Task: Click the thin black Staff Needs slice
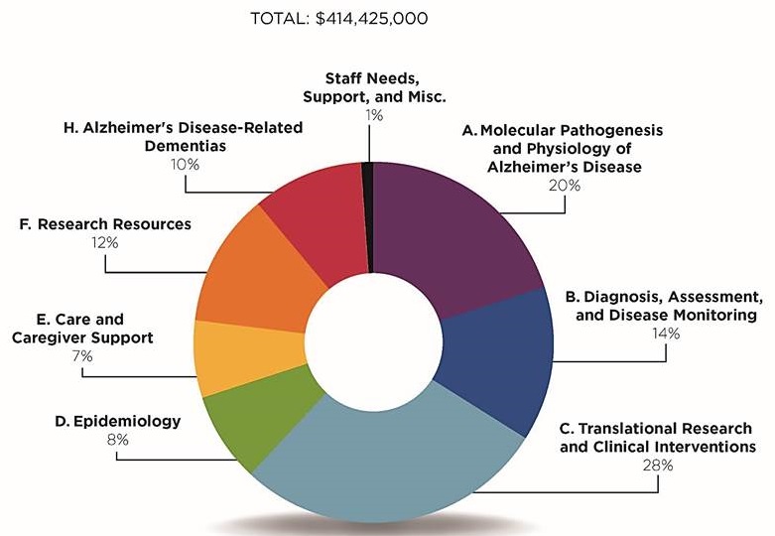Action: pyautogui.click(x=367, y=213)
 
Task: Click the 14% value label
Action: pyautogui.click(x=664, y=334)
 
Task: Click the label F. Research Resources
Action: pyautogui.click(x=104, y=224)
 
